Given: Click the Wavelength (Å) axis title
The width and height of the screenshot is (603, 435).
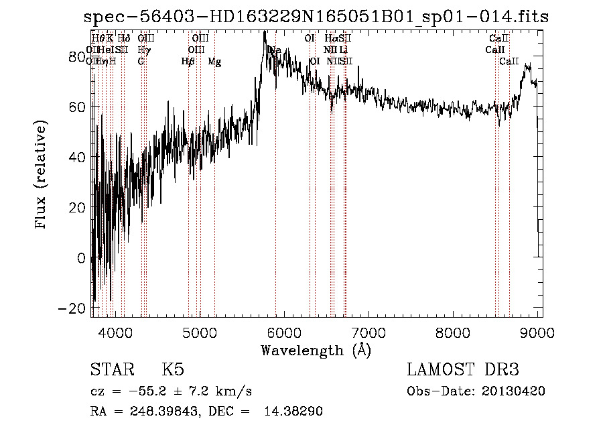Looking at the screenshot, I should (x=316, y=350).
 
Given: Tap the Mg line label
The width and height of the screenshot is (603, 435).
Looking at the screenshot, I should (x=214, y=62).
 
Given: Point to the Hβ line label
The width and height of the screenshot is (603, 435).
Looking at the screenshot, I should (x=188, y=62).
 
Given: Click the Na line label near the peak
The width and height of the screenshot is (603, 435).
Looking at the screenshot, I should (x=275, y=50).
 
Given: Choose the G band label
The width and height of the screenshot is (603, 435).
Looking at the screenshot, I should (x=141, y=62).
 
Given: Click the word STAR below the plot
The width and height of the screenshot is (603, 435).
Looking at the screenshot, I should (x=111, y=370).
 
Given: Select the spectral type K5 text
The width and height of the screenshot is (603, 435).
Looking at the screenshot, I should (x=173, y=370).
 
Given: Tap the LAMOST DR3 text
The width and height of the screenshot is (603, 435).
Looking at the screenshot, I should (x=463, y=370).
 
